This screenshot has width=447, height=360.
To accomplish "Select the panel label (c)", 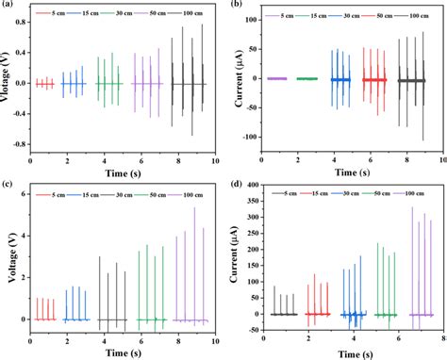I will click(x=8, y=186).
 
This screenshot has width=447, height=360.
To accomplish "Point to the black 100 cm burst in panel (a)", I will click(x=185, y=83).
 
